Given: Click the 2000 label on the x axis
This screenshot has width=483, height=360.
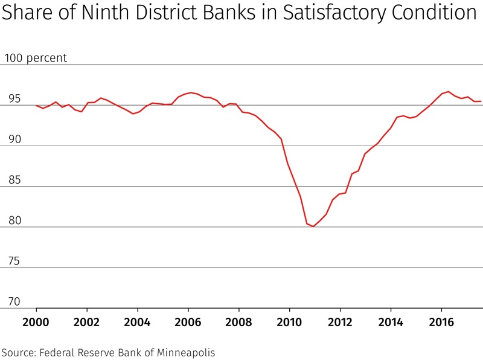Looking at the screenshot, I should coord(36,321).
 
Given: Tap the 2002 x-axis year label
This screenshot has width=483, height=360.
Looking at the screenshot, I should coord(86,321).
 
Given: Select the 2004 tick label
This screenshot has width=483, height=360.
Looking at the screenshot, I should coord(137,321).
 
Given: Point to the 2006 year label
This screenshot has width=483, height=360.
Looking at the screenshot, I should coord(188,321).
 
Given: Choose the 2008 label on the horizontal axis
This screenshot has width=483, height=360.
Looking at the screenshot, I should coord(238,321).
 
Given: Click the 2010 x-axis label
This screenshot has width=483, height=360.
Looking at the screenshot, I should coord(289,321).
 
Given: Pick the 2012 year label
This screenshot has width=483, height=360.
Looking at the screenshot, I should coord(340,321).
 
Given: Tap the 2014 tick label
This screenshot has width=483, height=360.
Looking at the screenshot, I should coord(391,321).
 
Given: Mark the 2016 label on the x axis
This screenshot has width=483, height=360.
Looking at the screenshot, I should coord(441,321).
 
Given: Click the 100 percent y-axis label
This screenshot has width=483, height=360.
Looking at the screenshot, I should coord(36,59).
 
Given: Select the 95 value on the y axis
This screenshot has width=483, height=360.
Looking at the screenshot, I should coord(14,99).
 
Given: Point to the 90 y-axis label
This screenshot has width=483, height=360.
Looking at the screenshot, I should coord(14,140).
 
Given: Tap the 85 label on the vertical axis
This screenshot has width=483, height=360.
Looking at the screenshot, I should coord(14,180).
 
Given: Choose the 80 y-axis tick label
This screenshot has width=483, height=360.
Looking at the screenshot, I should coord(14,220).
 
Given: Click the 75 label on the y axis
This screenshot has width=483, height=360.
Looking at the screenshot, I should coord(14,262).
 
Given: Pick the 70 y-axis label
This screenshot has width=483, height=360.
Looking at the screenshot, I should coord(14,302).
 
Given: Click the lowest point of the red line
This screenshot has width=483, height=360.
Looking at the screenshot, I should coord(313,227).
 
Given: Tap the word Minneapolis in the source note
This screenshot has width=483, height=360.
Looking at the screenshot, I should coord(183,352).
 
